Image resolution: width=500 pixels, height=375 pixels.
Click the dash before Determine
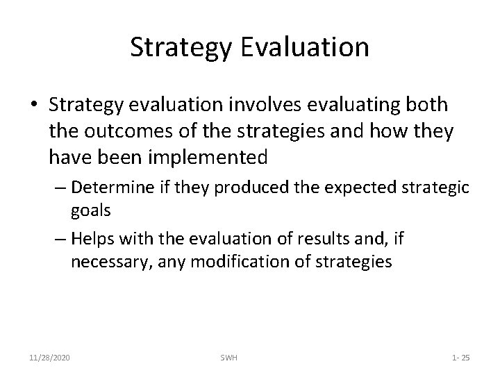pyautogui.click(x=60, y=189)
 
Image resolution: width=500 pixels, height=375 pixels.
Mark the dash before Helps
pyautogui.click(x=60, y=240)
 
